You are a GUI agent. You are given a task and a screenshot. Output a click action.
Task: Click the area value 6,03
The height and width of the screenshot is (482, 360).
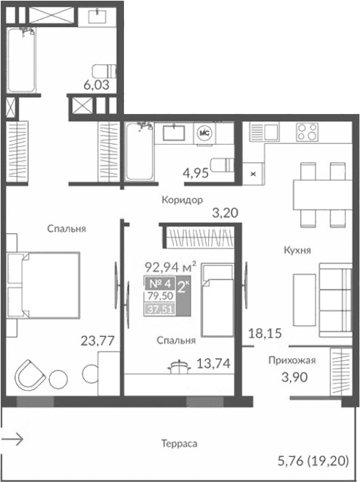click(x=98, y=85)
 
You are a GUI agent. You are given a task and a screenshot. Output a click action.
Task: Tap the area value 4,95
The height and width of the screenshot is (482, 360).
click(x=195, y=173)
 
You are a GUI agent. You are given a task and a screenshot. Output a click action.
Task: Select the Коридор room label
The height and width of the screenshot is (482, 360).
click(x=181, y=200)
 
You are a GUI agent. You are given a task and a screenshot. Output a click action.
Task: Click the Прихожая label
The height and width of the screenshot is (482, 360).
click(x=292, y=361)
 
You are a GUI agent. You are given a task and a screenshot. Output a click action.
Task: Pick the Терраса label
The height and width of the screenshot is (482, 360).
click(x=179, y=443)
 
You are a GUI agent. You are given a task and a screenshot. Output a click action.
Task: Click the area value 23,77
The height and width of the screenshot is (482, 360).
click(x=98, y=340)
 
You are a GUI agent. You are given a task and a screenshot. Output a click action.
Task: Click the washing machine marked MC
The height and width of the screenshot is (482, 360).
click(x=203, y=133)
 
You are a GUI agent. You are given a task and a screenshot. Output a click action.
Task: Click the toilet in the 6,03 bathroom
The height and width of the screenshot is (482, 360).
click(x=106, y=71)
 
